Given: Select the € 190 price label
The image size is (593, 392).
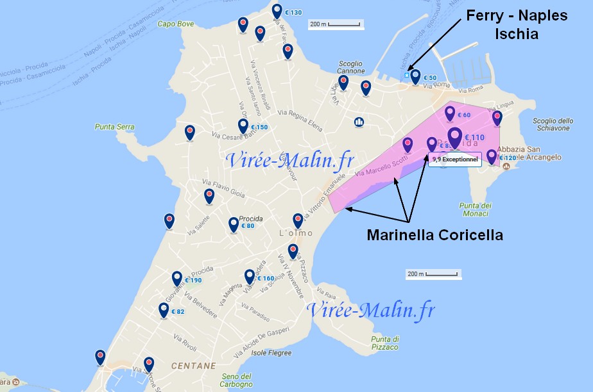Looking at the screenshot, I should point(193,281).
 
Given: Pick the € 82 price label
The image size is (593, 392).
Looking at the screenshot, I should point(177,312).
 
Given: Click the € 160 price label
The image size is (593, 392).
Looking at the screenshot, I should point(265,279).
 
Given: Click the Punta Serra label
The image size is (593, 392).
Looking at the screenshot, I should point(115,127).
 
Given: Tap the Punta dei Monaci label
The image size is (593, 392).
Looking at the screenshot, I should point(476,209).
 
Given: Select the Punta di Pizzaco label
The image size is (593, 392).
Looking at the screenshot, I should point(385,343).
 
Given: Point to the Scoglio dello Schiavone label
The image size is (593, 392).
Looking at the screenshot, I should point(552,124).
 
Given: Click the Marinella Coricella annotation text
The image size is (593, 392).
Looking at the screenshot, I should point(434,235).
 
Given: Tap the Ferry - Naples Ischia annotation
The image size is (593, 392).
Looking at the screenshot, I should point(517,24).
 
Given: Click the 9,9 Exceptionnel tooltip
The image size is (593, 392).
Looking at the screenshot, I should point(455,158).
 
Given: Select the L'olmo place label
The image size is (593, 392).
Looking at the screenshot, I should point(295,234).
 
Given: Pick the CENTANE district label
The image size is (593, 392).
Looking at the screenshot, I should point(193,366).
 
